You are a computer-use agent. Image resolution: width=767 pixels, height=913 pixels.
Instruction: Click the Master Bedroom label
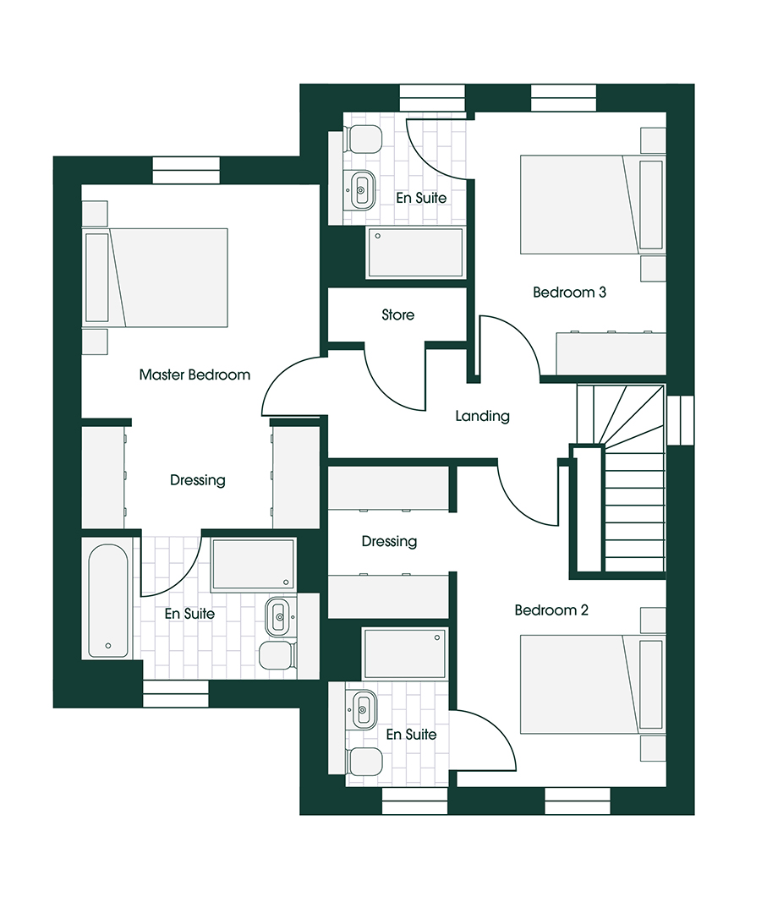coord(194,374)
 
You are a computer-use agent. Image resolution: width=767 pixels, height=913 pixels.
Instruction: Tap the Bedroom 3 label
coord(569,292)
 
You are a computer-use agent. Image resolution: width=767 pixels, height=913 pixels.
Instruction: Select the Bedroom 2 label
coord(551,610)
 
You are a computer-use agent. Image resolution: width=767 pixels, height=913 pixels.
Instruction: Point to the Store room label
coord(397,314)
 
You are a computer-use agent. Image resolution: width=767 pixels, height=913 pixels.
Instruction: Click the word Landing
coord(482,416)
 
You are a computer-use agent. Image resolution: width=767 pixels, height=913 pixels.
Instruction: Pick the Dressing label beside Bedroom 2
coord(389,541)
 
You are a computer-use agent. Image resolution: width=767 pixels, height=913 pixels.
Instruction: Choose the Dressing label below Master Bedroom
coord(197,480)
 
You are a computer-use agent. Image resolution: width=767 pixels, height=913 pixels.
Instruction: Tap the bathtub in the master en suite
coord(107,601)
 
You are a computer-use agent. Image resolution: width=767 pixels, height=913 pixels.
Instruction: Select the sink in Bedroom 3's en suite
coord(360,190)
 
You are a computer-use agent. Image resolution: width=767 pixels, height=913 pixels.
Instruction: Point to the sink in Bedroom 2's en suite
coord(361,709)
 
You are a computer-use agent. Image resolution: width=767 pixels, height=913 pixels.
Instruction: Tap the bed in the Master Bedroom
coord(156,278)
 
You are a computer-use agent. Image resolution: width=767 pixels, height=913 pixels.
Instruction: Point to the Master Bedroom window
coord(186,171)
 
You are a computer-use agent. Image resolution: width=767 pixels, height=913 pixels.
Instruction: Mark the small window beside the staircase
coord(680,420)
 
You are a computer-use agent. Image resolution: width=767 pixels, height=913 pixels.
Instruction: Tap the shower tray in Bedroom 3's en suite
coord(415,253)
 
